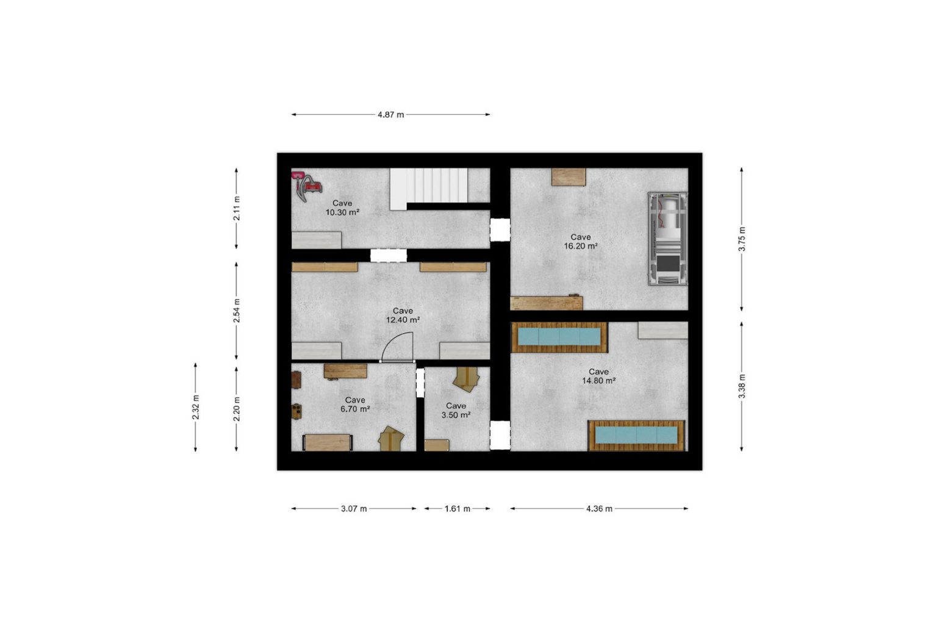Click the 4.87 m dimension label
(390, 115)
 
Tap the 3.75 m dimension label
(742, 239)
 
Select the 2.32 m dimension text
(195, 407)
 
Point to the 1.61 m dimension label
(457, 509)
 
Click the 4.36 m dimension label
(599, 509)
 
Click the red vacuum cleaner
(306, 185)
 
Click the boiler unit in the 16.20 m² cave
(667, 239)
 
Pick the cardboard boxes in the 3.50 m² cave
(466, 379)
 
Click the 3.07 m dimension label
(354, 509)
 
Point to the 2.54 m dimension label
(237, 311)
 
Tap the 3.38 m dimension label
(742, 386)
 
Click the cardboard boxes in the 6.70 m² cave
(391, 439)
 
